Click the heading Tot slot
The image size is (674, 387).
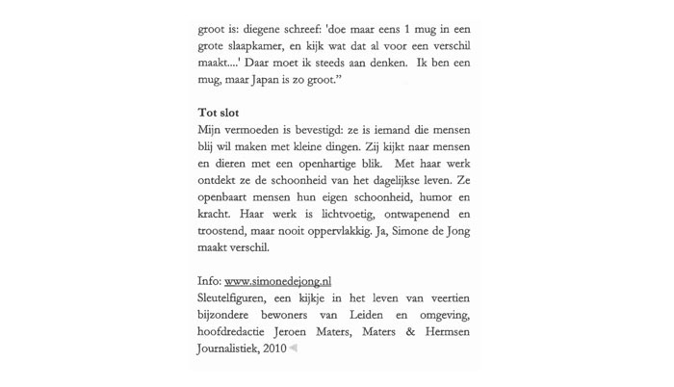point(219,113)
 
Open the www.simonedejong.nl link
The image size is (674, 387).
point(277,281)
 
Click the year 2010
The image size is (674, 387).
point(273,348)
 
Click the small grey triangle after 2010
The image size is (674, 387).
point(293,348)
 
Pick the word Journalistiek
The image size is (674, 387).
point(227,348)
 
